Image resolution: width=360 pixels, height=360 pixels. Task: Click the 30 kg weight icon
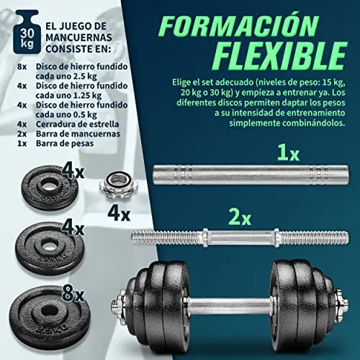pyautogui.click(x=26, y=32)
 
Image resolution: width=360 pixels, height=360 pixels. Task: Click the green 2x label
pyautogui.click(x=240, y=217)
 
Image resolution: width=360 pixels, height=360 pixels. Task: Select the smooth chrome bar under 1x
pyautogui.click(x=251, y=174)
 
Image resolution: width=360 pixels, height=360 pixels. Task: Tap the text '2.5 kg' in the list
pyautogui.click(x=81, y=76)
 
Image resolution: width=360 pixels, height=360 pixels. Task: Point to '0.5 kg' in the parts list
pyautogui.click(x=81, y=114)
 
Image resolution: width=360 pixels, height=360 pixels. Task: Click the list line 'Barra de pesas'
pyautogui.click(x=65, y=143)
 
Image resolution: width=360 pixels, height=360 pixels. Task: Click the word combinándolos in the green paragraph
pyautogui.click(x=313, y=123)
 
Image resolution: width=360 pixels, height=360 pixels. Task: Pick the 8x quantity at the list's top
pyautogui.click(x=22, y=67)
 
